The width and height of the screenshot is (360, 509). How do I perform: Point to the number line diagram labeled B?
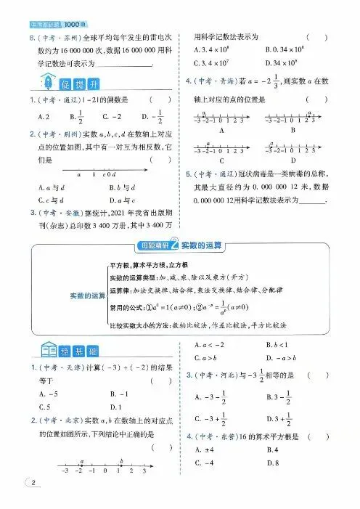(x=292, y=118)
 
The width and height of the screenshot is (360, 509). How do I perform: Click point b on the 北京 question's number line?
(x=120, y=461)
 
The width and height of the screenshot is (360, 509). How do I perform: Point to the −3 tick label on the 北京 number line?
(x=67, y=471)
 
